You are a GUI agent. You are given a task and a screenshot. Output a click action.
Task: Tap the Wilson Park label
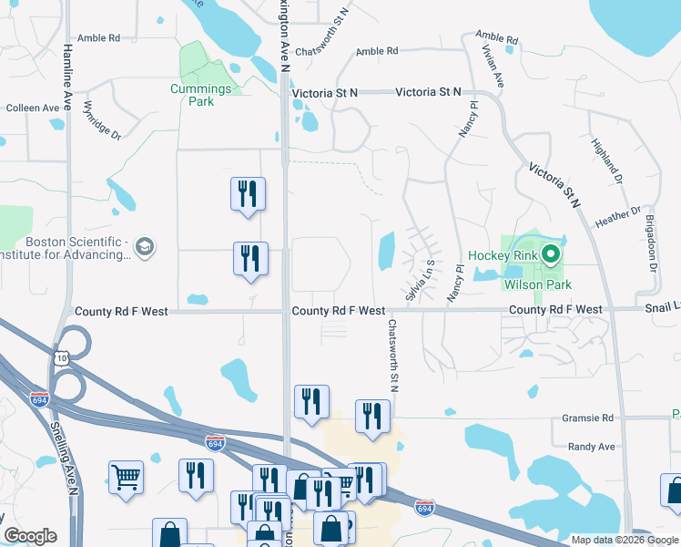click(538, 285)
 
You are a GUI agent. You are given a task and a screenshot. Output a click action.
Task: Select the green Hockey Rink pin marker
click(550, 255)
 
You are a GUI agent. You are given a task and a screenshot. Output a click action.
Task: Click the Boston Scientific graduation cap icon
click(145, 247)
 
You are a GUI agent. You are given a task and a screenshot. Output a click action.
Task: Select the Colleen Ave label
click(33, 108)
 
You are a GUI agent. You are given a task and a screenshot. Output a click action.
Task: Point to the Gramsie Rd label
click(590, 418)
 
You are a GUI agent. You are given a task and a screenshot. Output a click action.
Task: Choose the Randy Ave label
click(592, 447)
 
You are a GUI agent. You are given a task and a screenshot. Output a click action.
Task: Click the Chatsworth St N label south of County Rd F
click(394, 356)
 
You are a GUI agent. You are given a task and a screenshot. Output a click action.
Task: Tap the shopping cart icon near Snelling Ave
click(126, 476)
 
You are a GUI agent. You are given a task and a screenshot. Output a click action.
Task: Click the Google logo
click(30, 536)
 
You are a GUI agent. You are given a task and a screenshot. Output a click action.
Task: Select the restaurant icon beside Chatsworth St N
click(371, 417)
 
